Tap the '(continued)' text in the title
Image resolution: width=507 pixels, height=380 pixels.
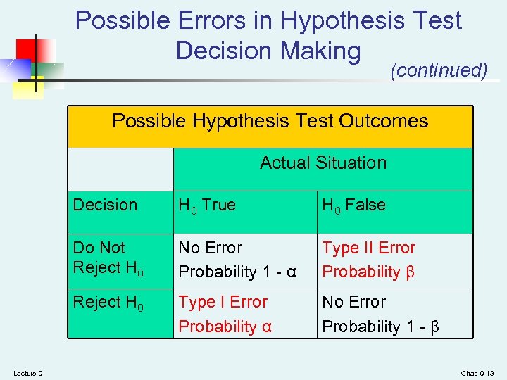pyautogui.click(x=439, y=70)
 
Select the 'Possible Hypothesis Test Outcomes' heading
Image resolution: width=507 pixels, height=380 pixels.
pyautogui.click(x=270, y=121)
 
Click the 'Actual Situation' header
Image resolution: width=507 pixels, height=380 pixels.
pyautogui.click(x=323, y=163)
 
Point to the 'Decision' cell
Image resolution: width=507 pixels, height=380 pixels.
pyautogui.click(x=105, y=205)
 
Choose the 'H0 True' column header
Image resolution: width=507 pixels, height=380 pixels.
pyautogui.click(x=207, y=205)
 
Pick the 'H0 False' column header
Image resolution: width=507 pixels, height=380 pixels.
pyautogui.click(x=353, y=205)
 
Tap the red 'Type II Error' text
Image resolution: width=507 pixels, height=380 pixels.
pyautogui.click(x=368, y=248)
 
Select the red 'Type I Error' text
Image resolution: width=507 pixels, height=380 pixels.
pyautogui.click(x=223, y=302)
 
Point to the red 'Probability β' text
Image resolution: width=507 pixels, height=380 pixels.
pyautogui.click(x=368, y=272)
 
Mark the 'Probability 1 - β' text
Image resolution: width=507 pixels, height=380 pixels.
pyautogui.click(x=380, y=327)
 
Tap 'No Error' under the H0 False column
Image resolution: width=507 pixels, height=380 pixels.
pyautogui.click(x=353, y=302)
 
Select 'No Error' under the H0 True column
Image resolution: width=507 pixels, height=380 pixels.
pyautogui.click(x=210, y=248)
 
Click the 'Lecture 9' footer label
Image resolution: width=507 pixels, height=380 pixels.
pyautogui.click(x=28, y=372)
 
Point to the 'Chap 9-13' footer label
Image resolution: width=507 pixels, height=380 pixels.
pyautogui.click(x=477, y=372)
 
